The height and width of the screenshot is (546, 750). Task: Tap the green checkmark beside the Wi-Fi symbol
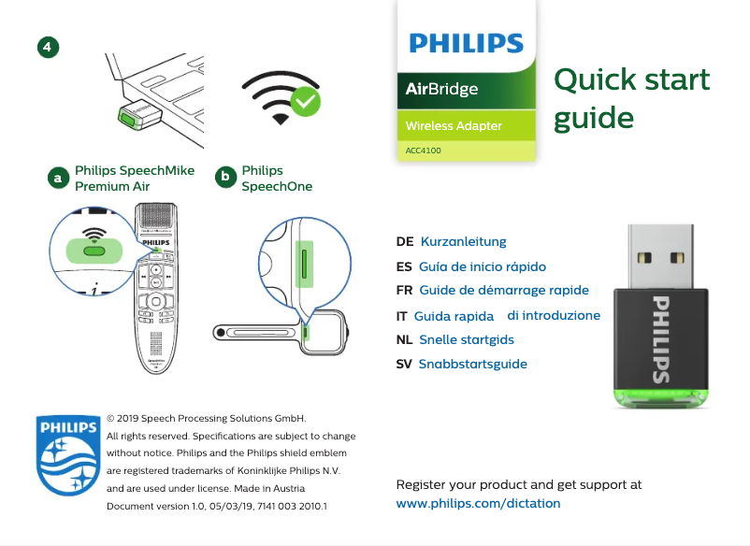coord(306,102)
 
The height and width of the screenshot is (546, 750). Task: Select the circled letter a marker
coord(58,178)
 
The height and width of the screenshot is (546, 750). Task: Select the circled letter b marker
coord(224,178)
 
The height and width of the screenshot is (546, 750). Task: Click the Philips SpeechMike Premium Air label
coord(135,179)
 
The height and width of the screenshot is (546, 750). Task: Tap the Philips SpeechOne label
coord(277,179)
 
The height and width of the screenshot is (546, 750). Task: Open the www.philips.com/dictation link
coord(478,504)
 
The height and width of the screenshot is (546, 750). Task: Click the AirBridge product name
coord(441,90)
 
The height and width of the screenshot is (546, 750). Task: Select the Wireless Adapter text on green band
coord(454,126)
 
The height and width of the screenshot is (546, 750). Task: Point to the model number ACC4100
coord(424,150)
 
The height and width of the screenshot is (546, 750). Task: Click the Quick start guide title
coord(631,98)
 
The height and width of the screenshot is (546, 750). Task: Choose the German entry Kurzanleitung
coord(463,242)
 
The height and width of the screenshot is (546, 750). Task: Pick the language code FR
coord(405,290)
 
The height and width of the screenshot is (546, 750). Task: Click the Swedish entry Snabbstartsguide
coord(472,364)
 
